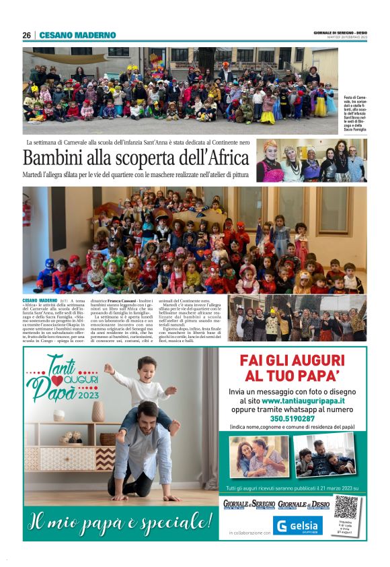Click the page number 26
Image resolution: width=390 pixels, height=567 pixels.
pos(26,35)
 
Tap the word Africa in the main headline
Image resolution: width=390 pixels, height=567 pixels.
pos(218,159)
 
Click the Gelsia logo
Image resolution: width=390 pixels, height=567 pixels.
pos(297,525)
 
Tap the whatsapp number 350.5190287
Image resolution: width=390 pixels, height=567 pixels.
pos(291,418)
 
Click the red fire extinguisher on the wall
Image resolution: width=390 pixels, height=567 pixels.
pos(27,213)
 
